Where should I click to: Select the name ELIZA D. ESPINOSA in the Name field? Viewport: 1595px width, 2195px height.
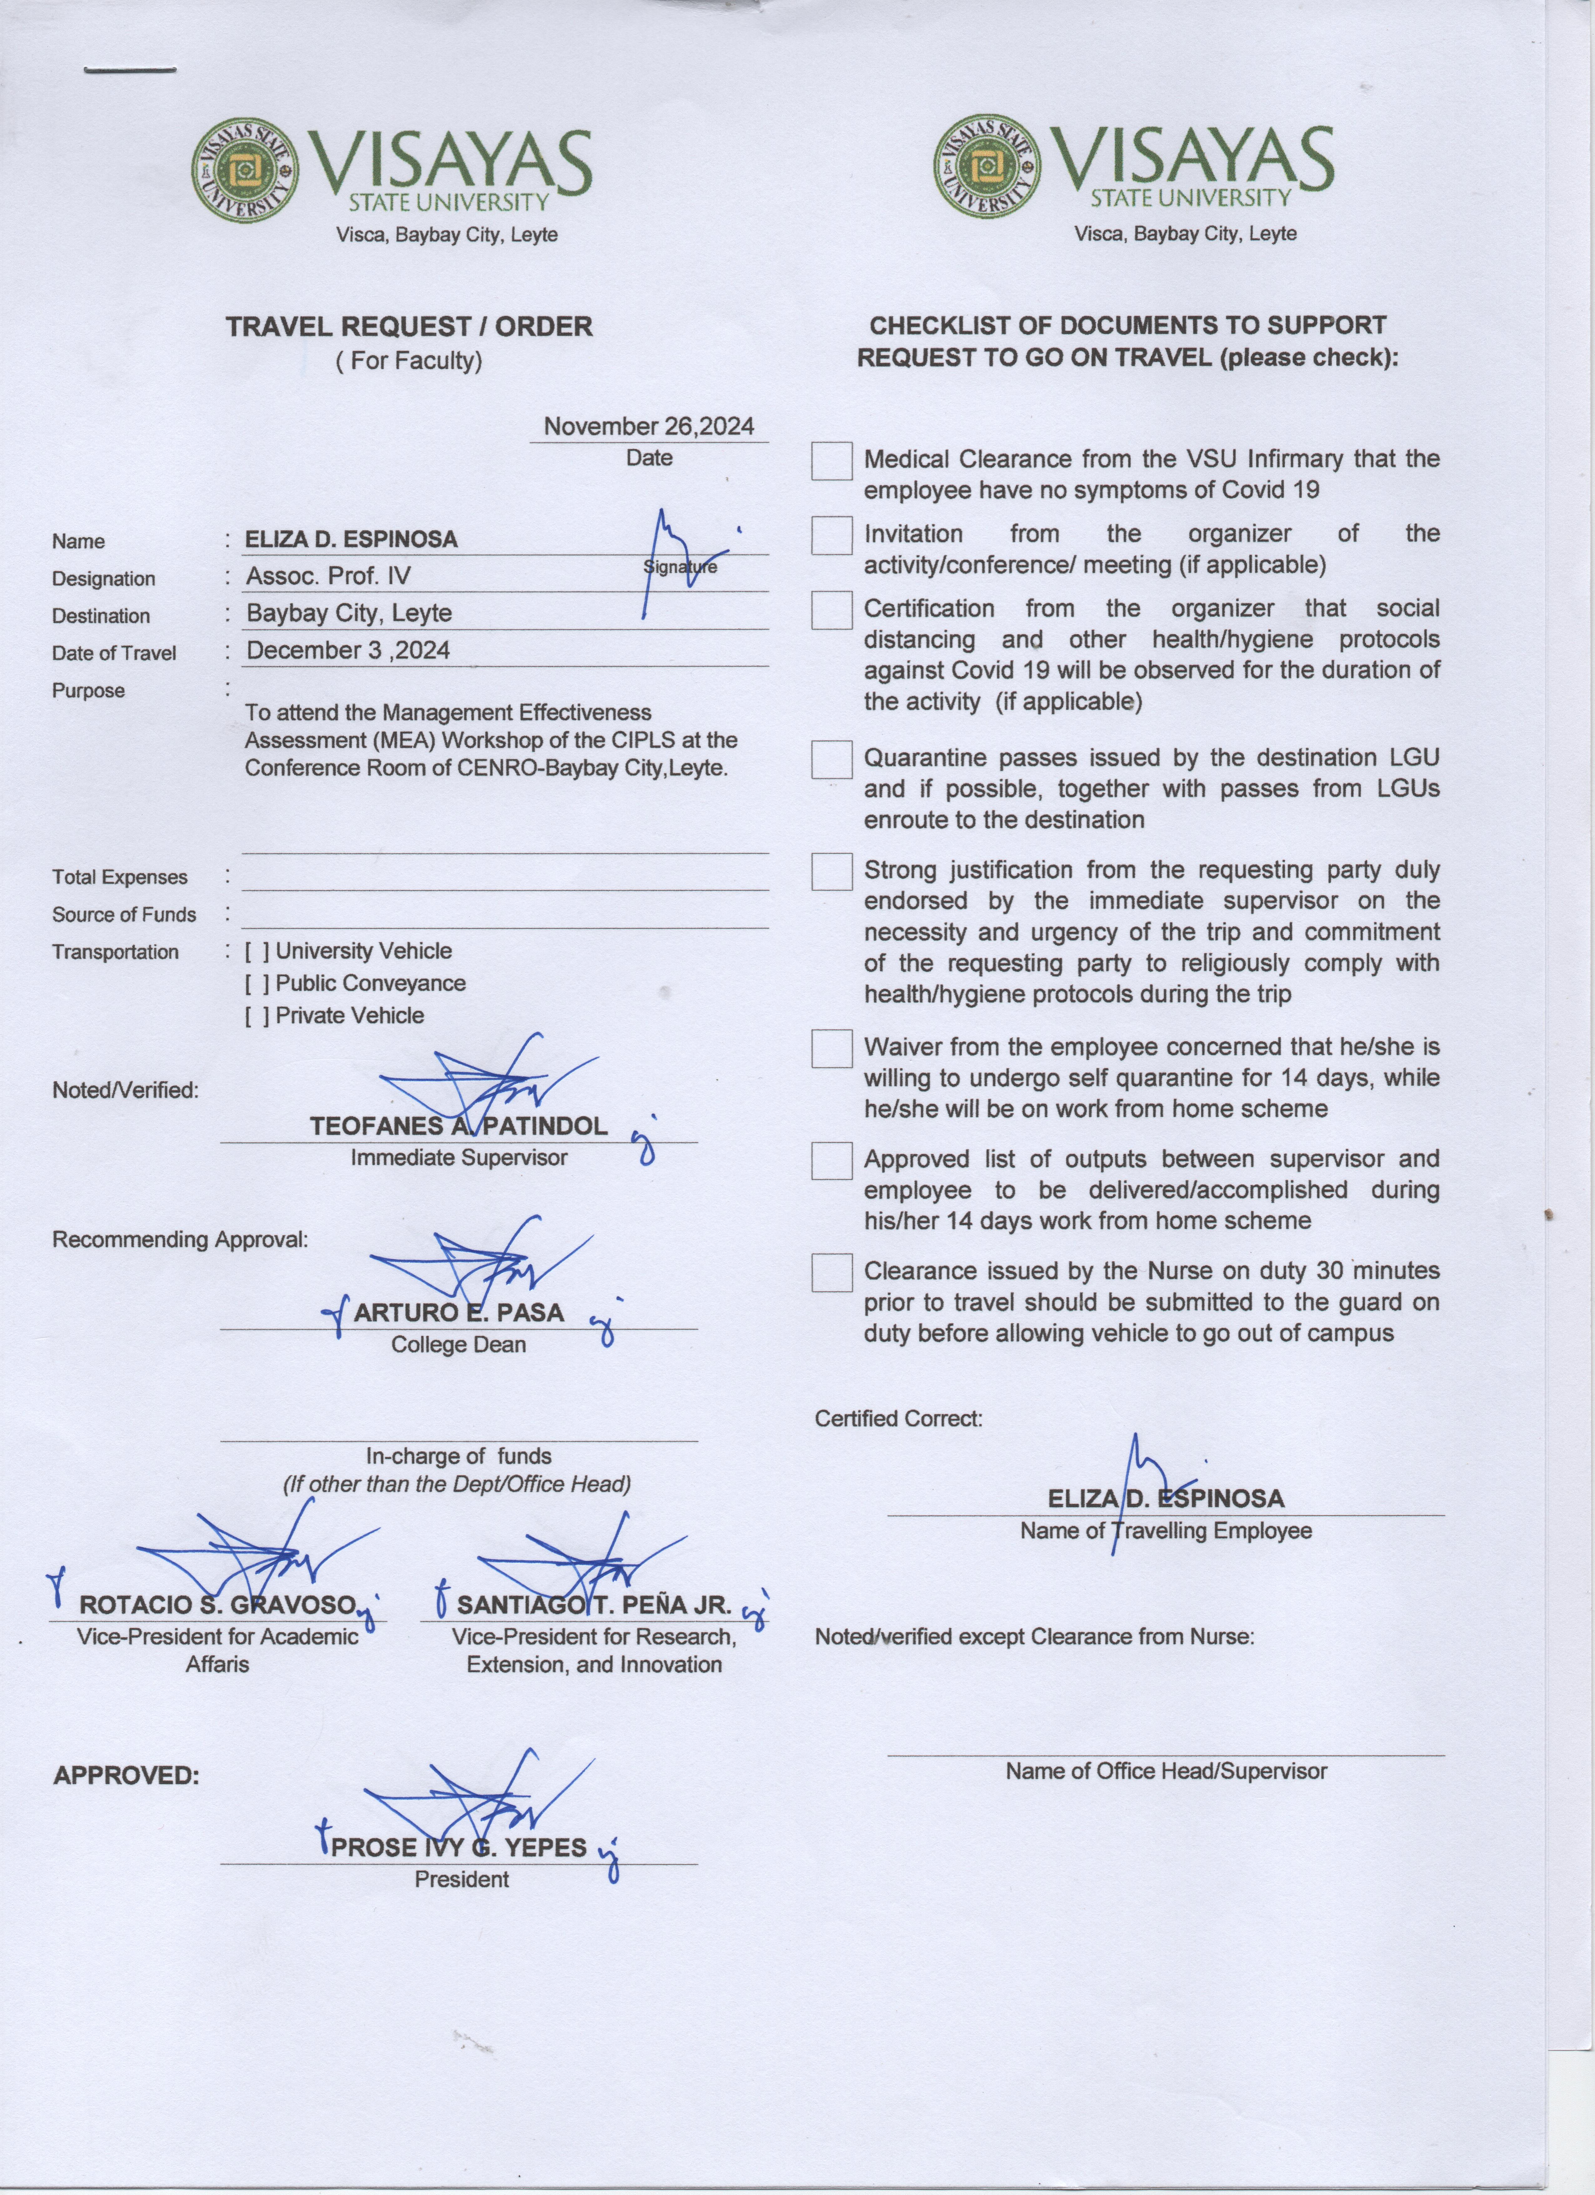[x=351, y=539]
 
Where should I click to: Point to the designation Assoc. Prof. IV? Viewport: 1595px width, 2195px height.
[x=328, y=576]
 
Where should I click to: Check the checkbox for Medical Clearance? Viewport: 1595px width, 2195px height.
[x=831, y=462]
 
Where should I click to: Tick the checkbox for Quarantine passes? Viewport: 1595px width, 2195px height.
[x=831, y=760]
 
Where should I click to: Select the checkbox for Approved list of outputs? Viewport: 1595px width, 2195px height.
[x=831, y=1161]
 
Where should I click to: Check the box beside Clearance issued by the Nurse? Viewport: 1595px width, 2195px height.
[x=831, y=1273]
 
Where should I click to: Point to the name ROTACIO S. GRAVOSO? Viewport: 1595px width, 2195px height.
[x=218, y=1605]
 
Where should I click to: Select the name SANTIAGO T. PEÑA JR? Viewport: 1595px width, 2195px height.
[x=593, y=1605]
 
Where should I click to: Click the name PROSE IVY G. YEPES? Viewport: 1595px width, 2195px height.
[x=459, y=1848]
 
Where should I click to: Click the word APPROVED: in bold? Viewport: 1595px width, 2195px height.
[x=126, y=1776]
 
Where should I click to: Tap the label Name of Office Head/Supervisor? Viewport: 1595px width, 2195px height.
[x=1165, y=1771]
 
